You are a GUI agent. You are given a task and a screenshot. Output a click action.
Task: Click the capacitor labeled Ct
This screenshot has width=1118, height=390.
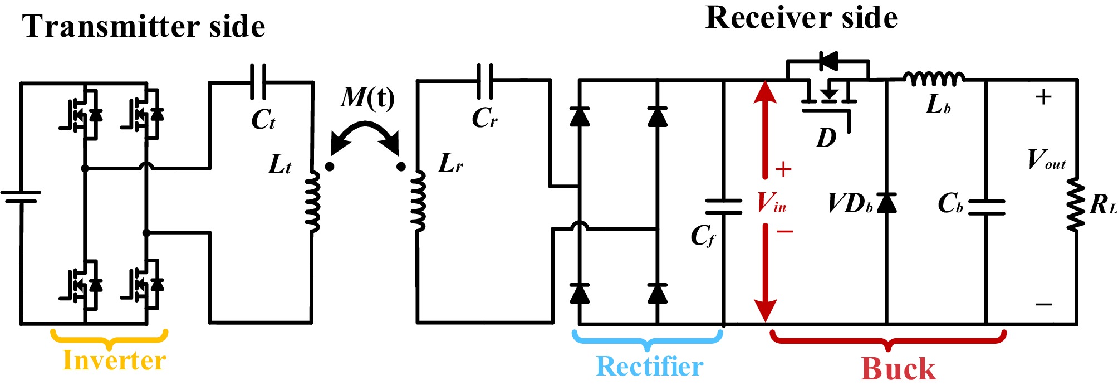tap(258, 82)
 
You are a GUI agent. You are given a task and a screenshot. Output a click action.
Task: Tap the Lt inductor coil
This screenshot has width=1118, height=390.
tap(313, 201)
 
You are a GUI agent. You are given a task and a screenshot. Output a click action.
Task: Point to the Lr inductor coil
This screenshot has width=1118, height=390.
tap(418, 201)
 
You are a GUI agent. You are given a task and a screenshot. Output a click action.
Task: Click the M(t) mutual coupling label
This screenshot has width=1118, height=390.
tap(367, 99)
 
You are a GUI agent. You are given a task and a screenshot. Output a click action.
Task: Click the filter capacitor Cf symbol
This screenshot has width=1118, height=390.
tap(723, 206)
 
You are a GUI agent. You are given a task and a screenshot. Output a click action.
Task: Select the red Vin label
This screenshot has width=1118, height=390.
tap(772, 203)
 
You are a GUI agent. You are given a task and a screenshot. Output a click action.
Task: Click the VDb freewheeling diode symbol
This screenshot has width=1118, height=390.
tap(886, 203)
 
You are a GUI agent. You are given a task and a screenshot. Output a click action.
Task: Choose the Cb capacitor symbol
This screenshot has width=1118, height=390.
tap(987, 207)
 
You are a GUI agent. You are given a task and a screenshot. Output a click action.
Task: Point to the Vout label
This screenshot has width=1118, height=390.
tap(1046, 159)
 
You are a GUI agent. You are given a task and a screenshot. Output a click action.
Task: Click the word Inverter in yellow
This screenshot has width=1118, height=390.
tap(114, 360)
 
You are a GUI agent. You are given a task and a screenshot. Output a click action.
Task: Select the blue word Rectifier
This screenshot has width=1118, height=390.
tap(649, 367)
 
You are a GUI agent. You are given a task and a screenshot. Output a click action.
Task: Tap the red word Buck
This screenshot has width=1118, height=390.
tap(898, 369)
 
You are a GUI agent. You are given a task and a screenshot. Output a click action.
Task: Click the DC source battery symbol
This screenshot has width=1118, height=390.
tap(21, 197)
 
